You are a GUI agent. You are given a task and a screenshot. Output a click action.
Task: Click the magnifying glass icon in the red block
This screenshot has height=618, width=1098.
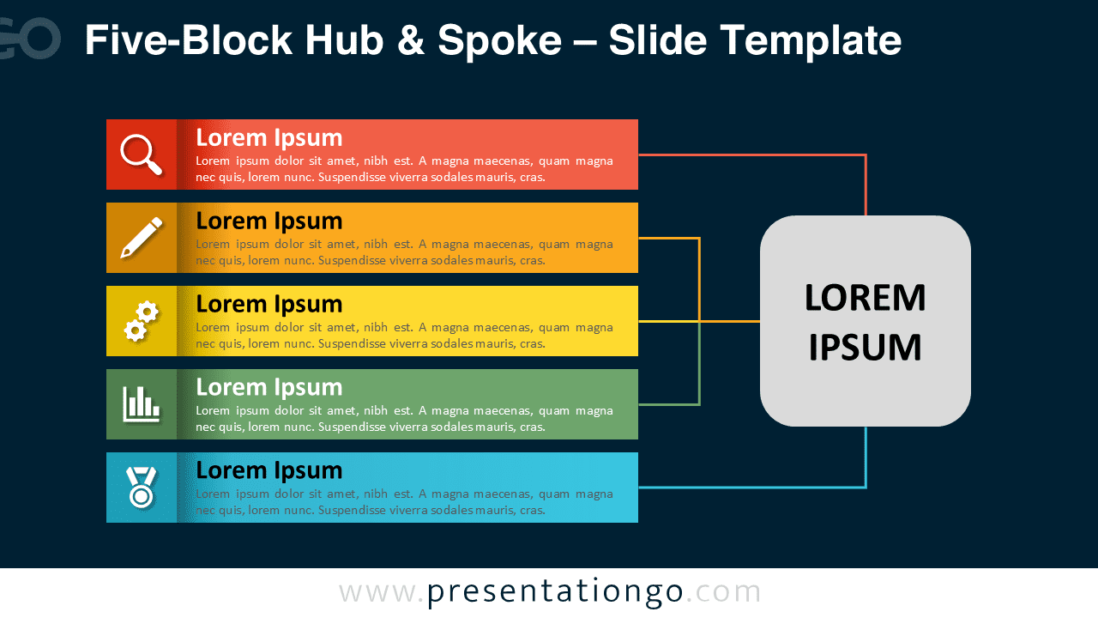141,154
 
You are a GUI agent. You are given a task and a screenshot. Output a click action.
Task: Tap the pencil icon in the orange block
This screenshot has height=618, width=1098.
141,238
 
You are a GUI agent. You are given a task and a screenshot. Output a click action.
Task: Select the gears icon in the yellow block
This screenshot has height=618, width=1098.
141,321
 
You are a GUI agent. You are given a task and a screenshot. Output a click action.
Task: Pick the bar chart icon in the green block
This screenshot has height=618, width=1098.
141,404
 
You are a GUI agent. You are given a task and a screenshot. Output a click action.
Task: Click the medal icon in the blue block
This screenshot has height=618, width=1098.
141,487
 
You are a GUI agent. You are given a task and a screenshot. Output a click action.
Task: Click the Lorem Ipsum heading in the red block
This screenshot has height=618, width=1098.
268,138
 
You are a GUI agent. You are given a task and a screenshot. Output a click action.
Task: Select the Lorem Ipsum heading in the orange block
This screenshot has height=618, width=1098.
268,221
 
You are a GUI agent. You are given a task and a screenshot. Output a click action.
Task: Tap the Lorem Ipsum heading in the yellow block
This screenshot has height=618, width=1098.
268,305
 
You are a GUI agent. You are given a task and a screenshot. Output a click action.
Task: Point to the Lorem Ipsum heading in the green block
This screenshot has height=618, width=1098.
268,388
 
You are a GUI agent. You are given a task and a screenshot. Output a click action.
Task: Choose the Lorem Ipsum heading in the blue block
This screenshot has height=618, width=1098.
268,471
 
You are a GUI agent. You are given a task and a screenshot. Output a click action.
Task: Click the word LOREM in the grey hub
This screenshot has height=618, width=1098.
865,299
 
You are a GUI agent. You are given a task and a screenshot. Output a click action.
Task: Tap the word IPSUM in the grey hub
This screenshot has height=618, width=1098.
865,348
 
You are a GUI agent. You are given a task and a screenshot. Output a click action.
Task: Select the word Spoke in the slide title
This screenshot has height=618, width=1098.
511,40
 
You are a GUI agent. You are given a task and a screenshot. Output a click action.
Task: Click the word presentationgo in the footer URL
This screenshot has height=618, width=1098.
555,592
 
